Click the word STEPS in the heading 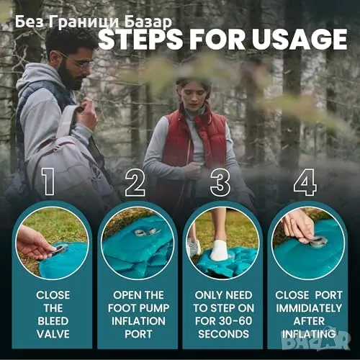click(x=140, y=39)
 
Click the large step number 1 click(x=48, y=181)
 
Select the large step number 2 click(x=135, y=182)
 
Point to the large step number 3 click(x=220, y=182)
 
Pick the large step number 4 click(x=305, y=182)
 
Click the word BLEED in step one click(x=53, y=321)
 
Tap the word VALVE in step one click(x=53, y=334)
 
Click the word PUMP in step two click(x=153, y=308)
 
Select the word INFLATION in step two click(x=138, y=321)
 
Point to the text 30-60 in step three click(x=235, y=321)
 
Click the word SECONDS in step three click(x=224, y=334)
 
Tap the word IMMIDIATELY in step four click(x=309, y=308)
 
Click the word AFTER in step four click(x=309, y=321)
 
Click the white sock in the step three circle click(x=220, y=250)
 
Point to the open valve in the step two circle click(x=147, y=232)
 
